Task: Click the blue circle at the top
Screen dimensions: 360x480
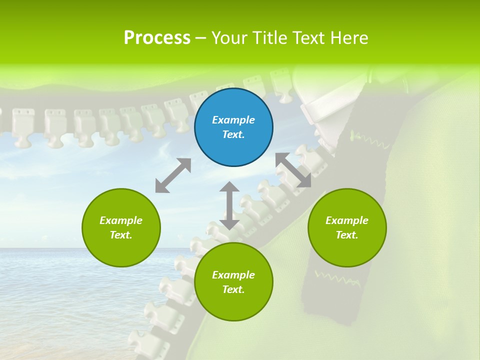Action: tap(233, 127)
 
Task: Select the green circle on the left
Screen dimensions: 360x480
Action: tap(121, 227)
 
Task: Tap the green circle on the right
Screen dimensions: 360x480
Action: tap(347, 227)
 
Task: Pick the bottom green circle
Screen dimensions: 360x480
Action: tap(233, 282)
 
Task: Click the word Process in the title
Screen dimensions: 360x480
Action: tap(157, 38)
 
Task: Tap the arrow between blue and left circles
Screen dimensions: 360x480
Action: tap(173, 175)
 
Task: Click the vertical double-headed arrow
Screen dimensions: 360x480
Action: tap(229, 205)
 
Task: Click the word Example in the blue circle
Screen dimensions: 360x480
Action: tap(233, 120)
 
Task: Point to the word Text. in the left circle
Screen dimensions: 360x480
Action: tap(121, 235)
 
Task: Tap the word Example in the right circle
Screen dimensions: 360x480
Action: tap(347, 220)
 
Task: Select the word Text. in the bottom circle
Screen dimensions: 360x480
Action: tap(233, 289)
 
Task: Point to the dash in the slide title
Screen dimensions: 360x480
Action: tap(201, 38)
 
